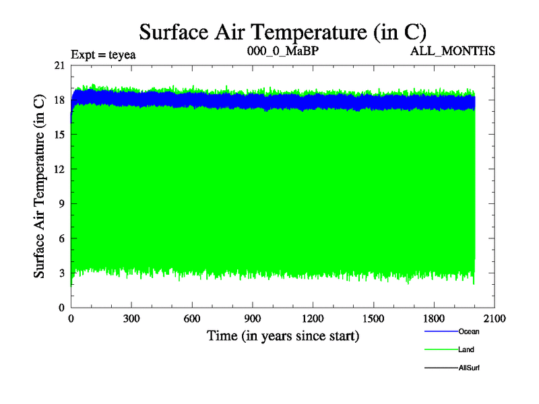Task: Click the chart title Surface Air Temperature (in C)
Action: (x=283, y=32)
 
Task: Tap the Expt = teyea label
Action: (x=103, y=55)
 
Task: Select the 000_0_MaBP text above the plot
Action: (x=282, y=51)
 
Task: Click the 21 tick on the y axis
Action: (x=59, y=65)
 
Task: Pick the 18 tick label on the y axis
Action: (x=59, y=100)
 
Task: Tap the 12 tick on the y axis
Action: (x=59, y=169)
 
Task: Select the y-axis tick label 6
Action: (x=62, y=238)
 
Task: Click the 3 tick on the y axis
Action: (x=62, y=273)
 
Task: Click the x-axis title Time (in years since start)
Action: (x=282, y=335)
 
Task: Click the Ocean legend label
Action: (x=468, y=331)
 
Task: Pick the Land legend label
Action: (x=466, y=349)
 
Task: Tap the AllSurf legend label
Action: (x=469, y=368)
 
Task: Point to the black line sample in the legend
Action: (x=441, y=368)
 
